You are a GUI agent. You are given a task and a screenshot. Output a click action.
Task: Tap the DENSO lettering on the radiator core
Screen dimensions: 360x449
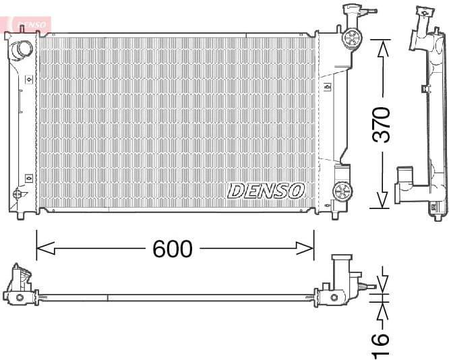[266, 191]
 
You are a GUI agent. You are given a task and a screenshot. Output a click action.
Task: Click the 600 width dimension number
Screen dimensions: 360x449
[172, 249]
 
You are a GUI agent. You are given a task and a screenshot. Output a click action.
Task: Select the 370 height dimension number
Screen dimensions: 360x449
[382, 123]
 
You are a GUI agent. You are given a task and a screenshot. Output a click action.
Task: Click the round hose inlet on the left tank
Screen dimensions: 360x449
[22, 49]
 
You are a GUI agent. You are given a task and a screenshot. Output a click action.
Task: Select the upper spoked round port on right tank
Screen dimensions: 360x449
[351, 38]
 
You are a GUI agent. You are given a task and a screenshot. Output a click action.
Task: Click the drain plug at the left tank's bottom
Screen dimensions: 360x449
[16, 193]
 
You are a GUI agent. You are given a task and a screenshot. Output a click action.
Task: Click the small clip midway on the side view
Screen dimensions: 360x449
[425, 88]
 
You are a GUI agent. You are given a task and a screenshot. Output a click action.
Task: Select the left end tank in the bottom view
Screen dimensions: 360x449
[20, 286]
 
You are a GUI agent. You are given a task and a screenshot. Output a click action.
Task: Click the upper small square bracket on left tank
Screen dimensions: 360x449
[28, 80]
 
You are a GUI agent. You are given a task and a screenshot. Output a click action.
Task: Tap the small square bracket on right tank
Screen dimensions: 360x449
[327, 88]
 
